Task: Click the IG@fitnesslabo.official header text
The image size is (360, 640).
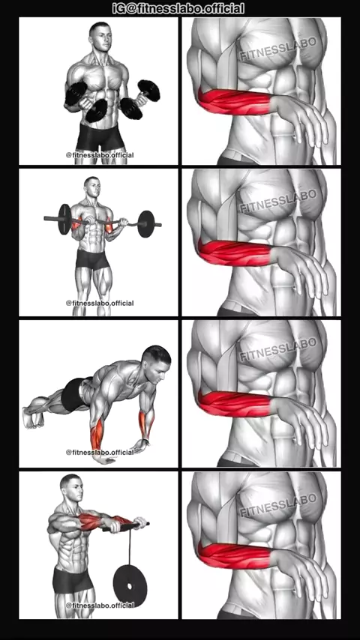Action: [178, 8]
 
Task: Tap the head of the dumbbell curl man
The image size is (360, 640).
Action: [100, 36]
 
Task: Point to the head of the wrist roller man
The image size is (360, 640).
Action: [71, 488]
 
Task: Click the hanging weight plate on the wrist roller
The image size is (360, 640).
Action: [130, 586]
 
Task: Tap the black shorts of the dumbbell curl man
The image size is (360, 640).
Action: [100, 136]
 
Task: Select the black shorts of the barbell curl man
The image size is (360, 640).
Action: [93, 260]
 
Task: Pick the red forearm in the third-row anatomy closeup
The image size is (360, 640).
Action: [234, 404]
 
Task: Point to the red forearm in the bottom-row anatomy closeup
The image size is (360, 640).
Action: [234, 555]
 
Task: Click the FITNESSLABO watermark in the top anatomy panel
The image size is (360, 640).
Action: [277, 49]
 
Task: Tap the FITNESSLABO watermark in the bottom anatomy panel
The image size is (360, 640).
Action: [277, 504]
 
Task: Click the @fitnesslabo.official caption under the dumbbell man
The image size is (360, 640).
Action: [100, 155]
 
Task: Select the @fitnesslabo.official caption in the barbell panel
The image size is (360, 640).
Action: [100, 304]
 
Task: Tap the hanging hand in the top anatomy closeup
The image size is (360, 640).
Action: [300, 120]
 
